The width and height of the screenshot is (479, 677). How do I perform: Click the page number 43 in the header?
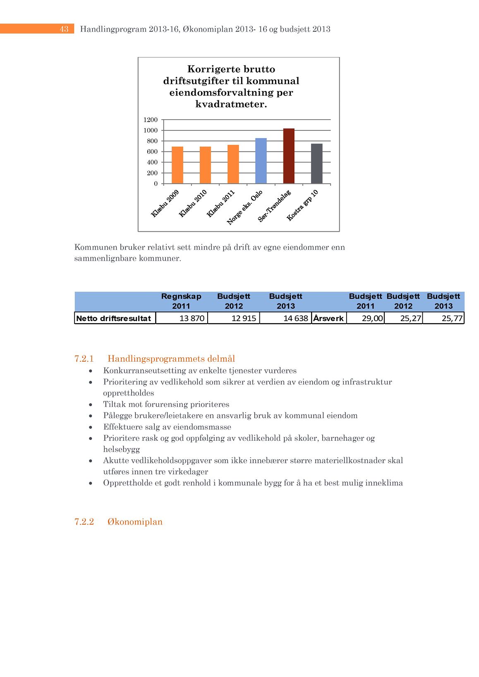(x=64, y=29)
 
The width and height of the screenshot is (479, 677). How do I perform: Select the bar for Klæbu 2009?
(x=177, y=165)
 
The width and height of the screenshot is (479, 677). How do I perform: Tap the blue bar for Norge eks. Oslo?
(x=261, y=161)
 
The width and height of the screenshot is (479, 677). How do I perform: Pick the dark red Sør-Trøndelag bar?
(x=289, y=156)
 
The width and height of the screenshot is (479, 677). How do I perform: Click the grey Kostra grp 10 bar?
(x=316, y=163)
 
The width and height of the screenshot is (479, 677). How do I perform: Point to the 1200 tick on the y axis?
(x=151, y=120)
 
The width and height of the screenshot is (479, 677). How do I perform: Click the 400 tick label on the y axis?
(x=152, y=163)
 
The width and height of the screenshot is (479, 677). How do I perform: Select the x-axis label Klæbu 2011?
(x=221, y=203)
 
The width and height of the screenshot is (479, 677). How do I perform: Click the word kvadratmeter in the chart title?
(x=231, y=104)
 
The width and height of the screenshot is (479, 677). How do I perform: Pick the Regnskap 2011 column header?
(x=181, y=301)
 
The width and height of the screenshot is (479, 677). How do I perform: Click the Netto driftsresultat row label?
(x=114, y=318)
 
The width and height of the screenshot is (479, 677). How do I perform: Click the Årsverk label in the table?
(x=328, y=318)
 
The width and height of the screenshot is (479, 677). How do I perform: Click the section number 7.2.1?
(x=84, y=358)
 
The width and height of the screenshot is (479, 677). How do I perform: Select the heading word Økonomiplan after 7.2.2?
(x=135, y=522)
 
